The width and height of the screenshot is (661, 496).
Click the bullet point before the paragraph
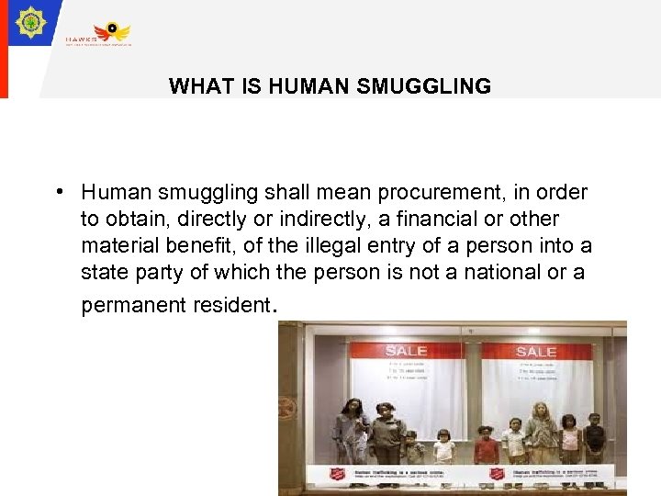(57, 192)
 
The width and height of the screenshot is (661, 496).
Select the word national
(521, 273)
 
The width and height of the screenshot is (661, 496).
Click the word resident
(234, 305)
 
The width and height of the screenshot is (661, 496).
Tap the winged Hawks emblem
(117, 31)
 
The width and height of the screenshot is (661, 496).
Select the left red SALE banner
(406, 351)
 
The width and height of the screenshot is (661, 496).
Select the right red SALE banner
(535, 351)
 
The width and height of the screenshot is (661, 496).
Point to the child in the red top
(487, 445)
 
